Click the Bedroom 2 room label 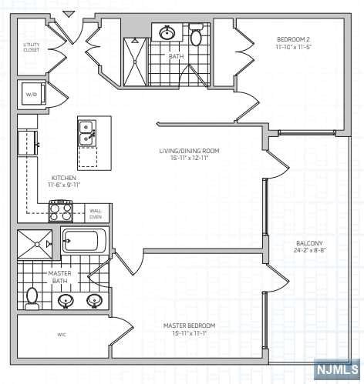coord(293,39)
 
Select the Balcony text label coord(308,244)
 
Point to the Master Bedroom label coord(189,326)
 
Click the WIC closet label coord(62,335)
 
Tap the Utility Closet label coord(32,48)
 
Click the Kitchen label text coord(62,178)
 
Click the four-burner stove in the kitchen coord(61,211)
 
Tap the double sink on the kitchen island coord(86,132)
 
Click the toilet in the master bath coord(32,296)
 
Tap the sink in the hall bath coord(167,32)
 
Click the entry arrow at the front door coord(69,13)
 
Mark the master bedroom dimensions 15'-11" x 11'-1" coord(189,332)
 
